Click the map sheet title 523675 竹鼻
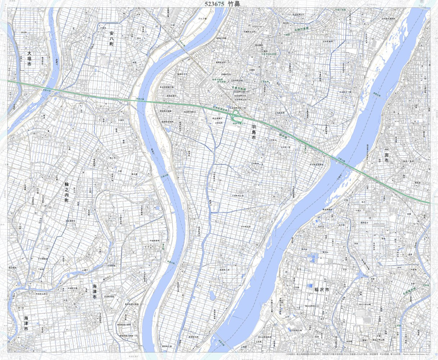(x=222, y=4)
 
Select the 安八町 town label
(x=111, y=38)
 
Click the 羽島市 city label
(x=254, y=133)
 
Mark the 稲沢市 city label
(x=322, y=290)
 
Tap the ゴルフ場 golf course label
(x=202, y=18)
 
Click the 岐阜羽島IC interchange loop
(x=236, y=116)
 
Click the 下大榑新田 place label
(x=43, y=259)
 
